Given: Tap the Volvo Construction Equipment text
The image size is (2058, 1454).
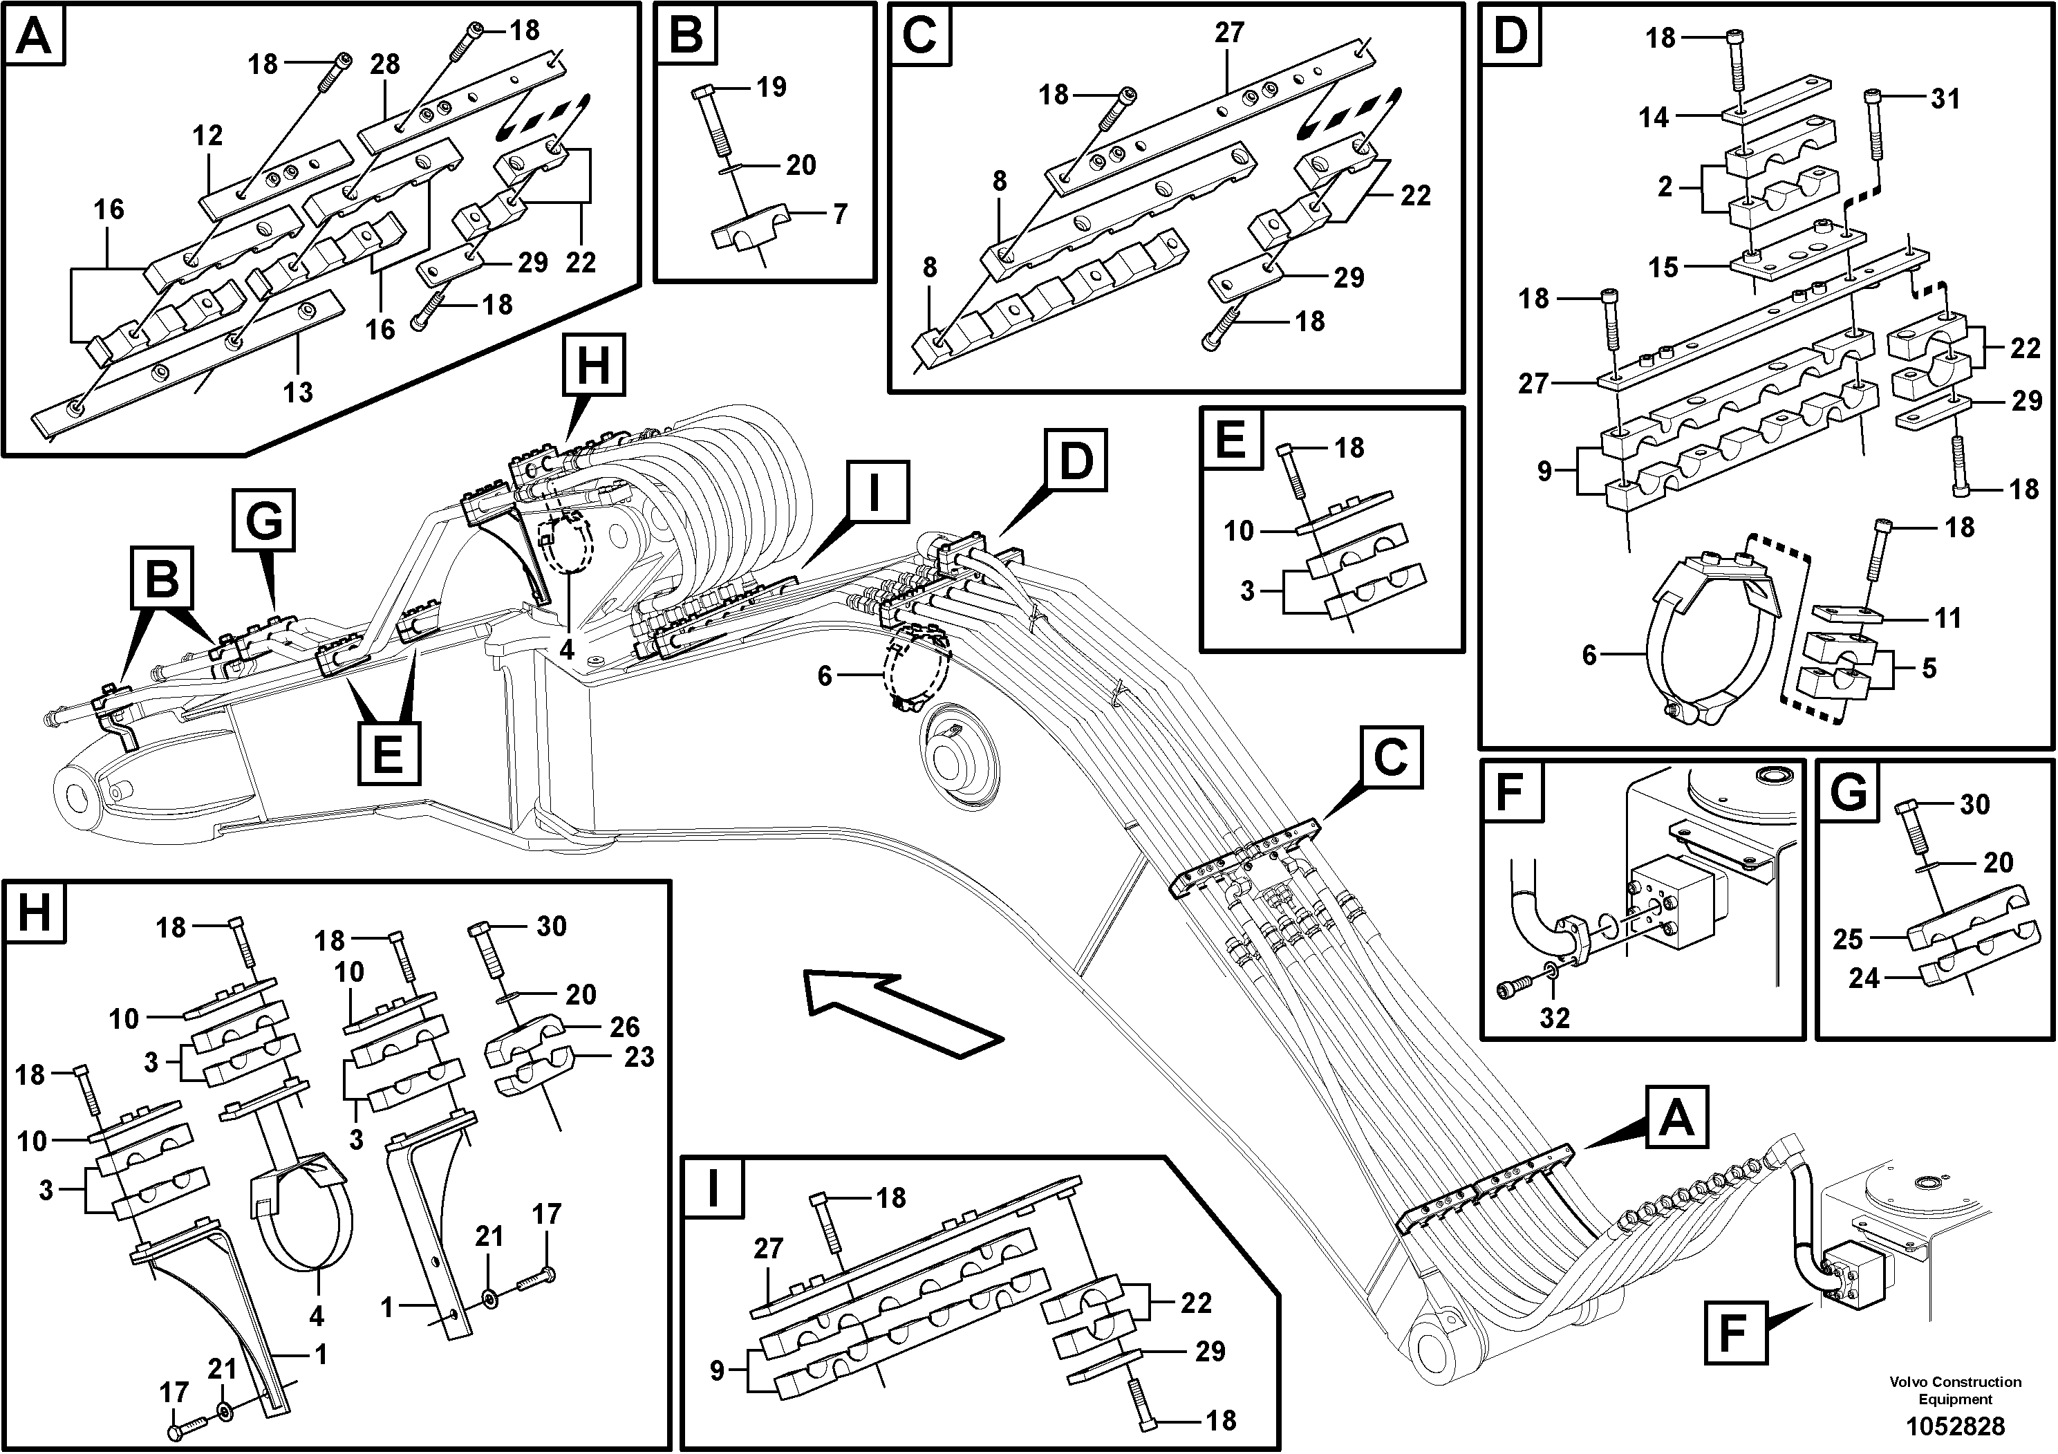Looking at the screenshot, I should (x=1955, y=1390).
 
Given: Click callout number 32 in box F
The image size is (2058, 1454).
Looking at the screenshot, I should (x=1555, y=1018).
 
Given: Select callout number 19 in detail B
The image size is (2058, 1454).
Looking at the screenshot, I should (x=771, y=87).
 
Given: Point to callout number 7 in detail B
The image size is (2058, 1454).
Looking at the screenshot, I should (x=839, y=214).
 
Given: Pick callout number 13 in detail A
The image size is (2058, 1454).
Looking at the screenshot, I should (x=299, y=392).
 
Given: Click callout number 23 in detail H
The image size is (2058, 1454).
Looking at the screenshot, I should (x=639, y=1057).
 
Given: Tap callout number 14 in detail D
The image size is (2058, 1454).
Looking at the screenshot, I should (x=1654, y=118).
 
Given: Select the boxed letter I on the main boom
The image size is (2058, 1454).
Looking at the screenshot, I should (x=873, y=492).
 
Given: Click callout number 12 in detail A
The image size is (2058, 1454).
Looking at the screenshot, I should (x=207, y=136).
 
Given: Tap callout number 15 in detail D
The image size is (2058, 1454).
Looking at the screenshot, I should (x=1663, y=267).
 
